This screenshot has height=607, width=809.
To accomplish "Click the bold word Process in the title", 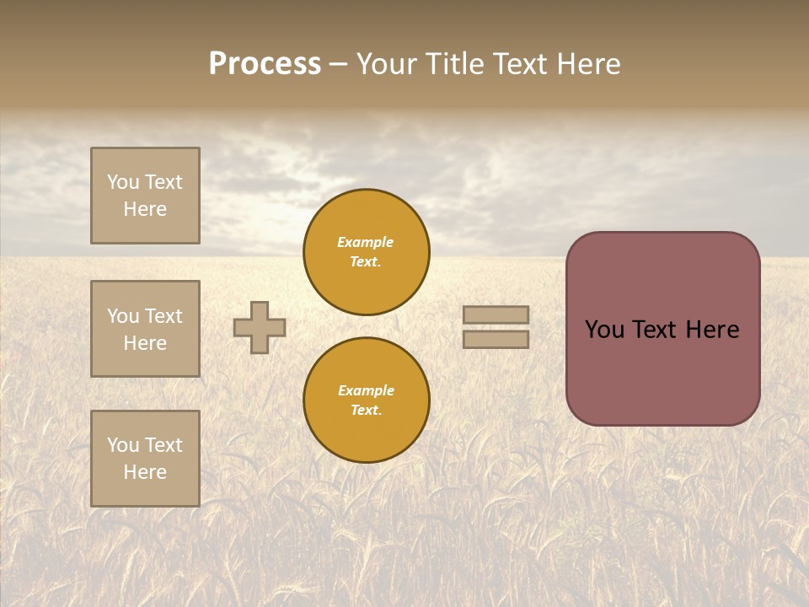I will pos(265,63).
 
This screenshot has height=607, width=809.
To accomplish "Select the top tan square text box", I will pos(145,196).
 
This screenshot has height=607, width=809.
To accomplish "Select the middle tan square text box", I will pos(145,329).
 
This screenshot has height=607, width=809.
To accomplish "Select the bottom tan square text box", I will pos(145,459).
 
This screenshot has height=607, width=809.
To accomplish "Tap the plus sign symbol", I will pos(260,327).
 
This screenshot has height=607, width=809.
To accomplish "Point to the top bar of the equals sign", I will pos(496,315).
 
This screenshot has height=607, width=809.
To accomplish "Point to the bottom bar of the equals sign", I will pos(496,339).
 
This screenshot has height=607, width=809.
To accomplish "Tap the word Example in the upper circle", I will pos(365,242).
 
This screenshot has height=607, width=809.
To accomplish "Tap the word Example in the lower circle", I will pos(366,390).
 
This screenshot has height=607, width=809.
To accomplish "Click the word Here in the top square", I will pos(145,209).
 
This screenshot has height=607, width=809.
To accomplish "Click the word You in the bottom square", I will pos(123,445).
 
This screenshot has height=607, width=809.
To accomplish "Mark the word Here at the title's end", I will pos(588,63).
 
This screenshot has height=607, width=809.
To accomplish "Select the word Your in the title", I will pos(387,63).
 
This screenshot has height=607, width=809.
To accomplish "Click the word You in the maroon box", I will pos(604,330).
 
